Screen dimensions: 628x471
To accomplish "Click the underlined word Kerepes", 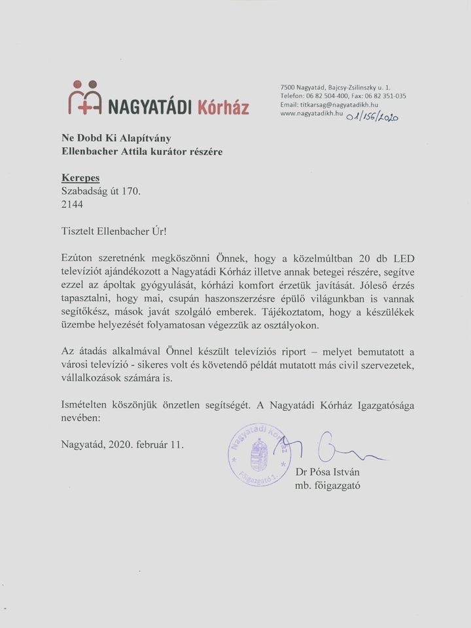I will pyautogui.click(x=80, y=177).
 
